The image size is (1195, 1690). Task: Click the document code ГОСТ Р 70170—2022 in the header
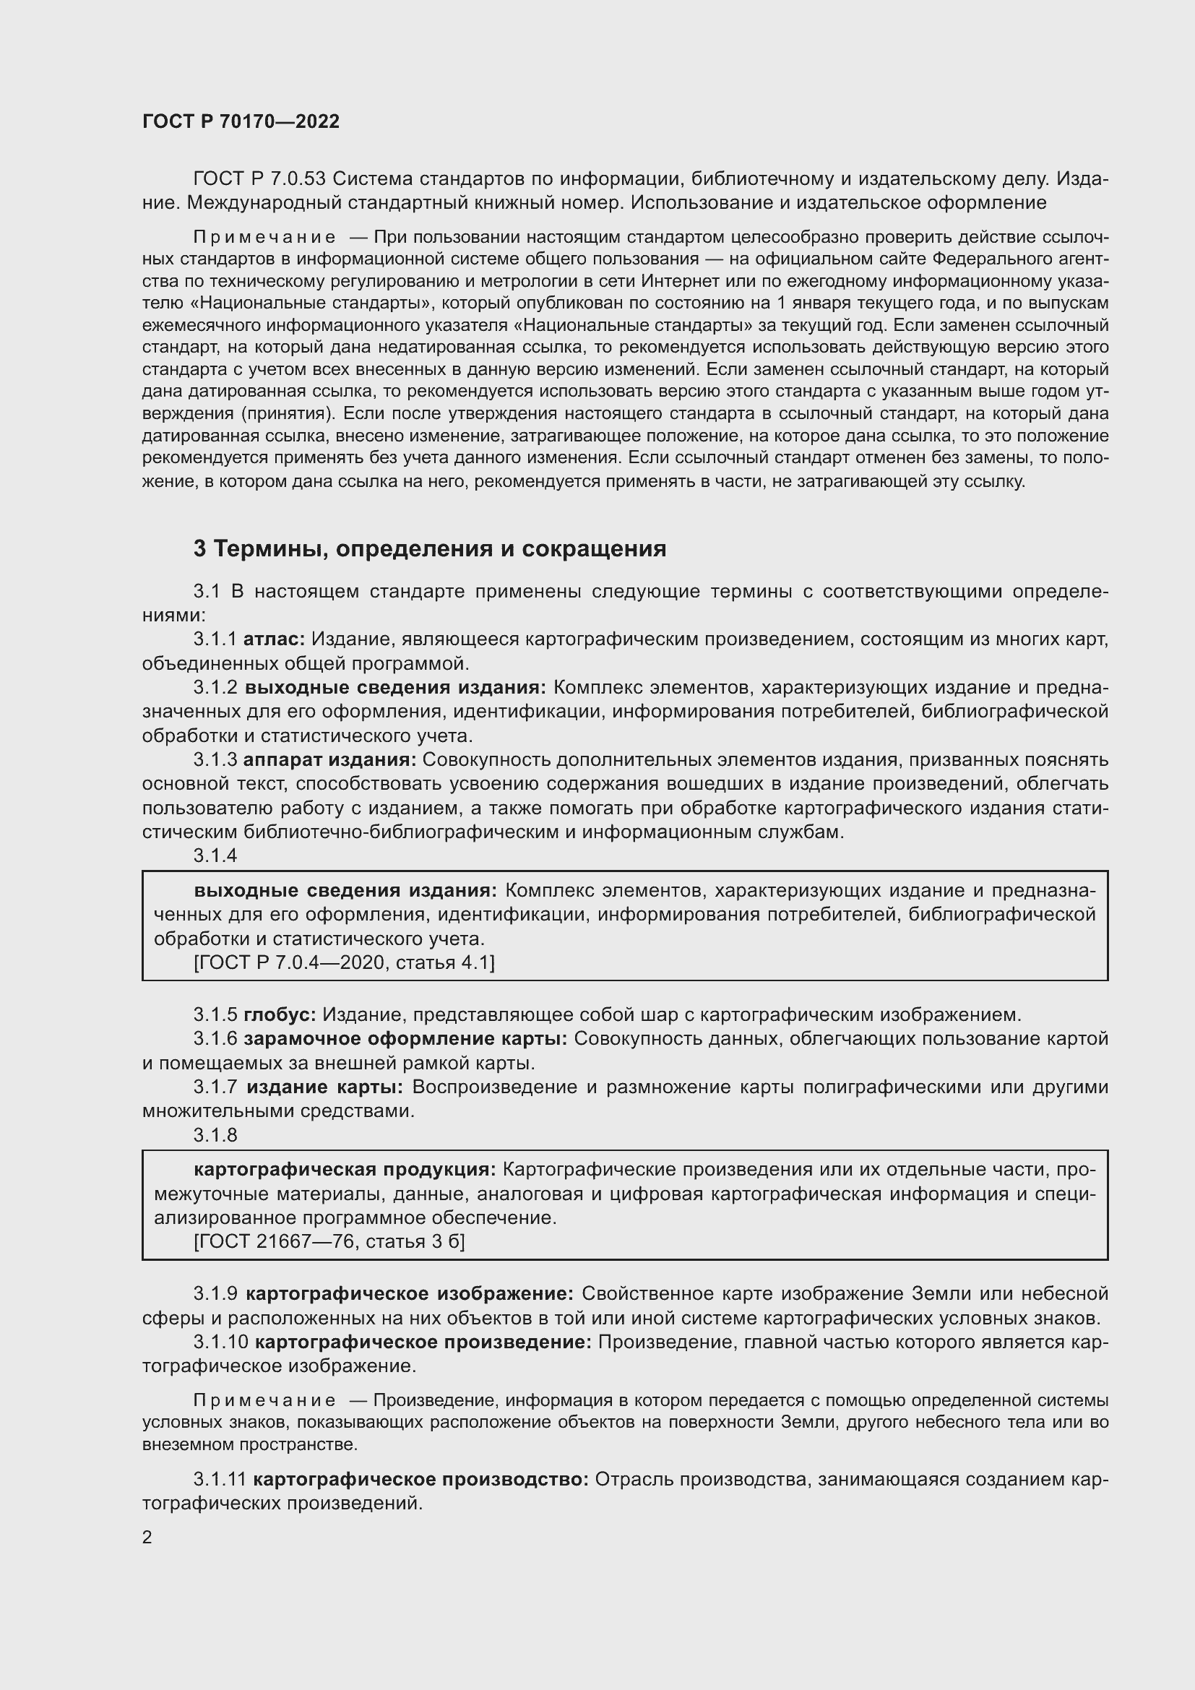(x=241, y=121)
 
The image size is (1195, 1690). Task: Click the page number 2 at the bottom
(x=147, y=1537)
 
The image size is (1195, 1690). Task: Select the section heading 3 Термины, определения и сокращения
(x=430, y=548)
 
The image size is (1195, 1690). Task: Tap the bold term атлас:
(x=274, y=639)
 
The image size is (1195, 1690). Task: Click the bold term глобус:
(x=280, y=1014)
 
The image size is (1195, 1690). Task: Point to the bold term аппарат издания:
(x=329, y=759)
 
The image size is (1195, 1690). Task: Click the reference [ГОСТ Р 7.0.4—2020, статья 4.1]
(x=345, y=962)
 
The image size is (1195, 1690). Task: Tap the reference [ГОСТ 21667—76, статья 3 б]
(x=329, y=1242)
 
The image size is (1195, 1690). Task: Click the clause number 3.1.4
(x=215, y=855)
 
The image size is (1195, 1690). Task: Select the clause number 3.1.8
(x=215, y=1135)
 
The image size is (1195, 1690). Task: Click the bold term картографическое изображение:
(x=409, y=1293)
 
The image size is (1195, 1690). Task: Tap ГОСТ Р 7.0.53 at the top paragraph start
(x=259, y=179)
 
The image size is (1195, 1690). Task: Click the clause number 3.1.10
(x=221, y=1342)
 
